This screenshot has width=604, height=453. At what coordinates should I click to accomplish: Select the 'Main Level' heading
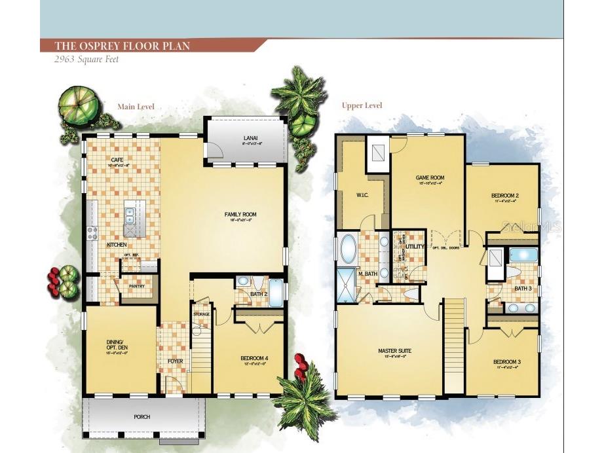point(135,106)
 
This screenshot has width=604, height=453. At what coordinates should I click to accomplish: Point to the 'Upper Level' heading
point(362,105)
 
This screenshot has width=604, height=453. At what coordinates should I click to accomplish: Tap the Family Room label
point(240,214)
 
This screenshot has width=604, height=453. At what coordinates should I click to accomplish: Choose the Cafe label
point(117,160)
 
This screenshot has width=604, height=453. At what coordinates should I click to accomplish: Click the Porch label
point(142,416)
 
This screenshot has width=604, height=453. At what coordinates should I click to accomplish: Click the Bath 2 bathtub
point(276,293)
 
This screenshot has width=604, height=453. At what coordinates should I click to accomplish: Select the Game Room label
point(430,177)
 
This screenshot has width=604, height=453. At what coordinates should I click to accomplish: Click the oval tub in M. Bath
point(348,249)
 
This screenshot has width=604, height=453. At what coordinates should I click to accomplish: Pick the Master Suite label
point(393,352)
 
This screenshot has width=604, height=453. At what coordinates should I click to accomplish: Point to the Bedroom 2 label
point(505,196)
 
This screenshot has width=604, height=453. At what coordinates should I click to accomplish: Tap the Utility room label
point(415,246)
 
